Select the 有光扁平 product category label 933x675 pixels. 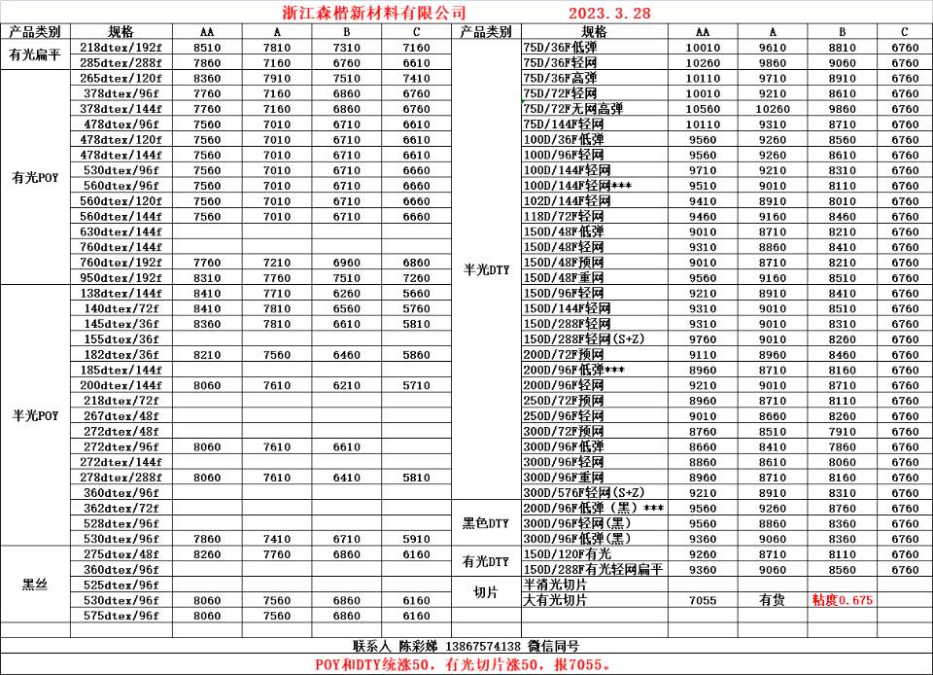[x=35, y=55]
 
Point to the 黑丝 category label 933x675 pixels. [x=35, y=585]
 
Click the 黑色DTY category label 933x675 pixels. [x=486, y=523]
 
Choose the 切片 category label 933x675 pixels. [x=486, y=592]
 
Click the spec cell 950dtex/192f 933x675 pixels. [x=121, y=277]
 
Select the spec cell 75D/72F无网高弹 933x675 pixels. [x=574, y=109]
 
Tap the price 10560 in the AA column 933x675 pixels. [x=703, y=109]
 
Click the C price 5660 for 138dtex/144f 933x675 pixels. [x=416, y=293]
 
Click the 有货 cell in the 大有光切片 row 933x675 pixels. [x=773, y=600]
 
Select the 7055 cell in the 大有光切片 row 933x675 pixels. [x=703, y=600]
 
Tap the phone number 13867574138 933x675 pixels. [x=483, y=646]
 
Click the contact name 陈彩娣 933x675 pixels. [x=418, y=646]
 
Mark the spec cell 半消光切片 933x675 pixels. [x=555, y=585]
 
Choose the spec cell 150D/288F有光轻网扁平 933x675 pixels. [x=592, y=569]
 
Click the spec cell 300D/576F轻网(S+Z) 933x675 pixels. [x=583, y=492]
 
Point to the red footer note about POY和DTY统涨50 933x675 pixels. [x=464, y=664]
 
